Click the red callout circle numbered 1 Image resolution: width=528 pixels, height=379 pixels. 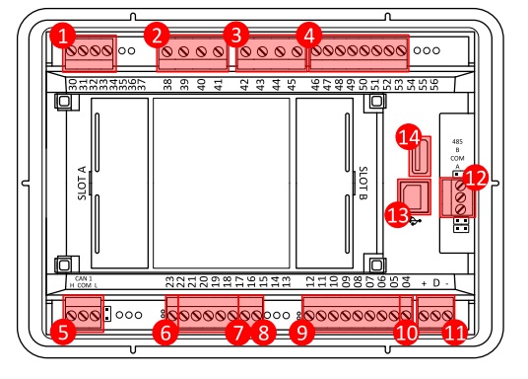[64, 38]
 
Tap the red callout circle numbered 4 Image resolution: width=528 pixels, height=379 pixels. [309, 38]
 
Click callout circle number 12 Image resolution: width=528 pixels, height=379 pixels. [476, 179]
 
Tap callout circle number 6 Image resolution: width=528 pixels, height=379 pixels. [166, 333]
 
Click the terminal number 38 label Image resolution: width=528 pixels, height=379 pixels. [168, 86]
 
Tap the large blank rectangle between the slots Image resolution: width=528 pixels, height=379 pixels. [223, 183]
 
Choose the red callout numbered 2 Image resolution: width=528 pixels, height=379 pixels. [155, 38]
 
